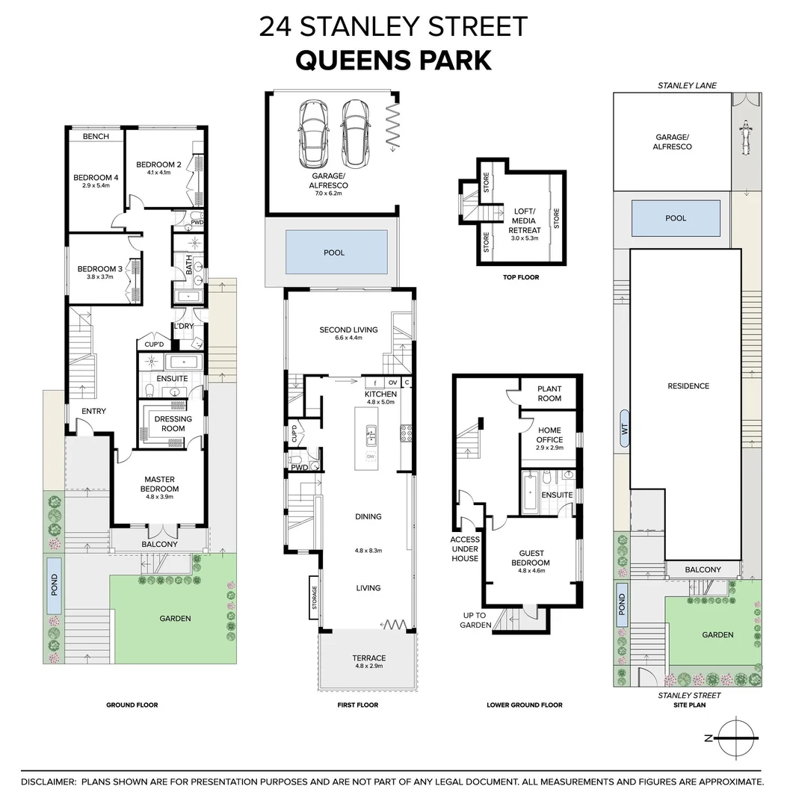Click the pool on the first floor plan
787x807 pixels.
(336, 253)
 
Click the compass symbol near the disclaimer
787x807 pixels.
(735, 738)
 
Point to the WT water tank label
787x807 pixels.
(625, 429)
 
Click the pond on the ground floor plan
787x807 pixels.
(54, 585)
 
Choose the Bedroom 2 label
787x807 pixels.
(158, 164)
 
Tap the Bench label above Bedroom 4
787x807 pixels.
(96, 137)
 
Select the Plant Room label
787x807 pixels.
(549, 394)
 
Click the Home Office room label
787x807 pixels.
(549, 435)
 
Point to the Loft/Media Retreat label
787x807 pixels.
(525, 220)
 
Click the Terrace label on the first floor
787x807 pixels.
(369, 658)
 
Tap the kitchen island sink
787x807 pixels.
(370, 436)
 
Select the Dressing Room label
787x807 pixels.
(173, 424)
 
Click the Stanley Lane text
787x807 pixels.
(687, 85)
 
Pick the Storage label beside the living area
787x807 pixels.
(315, 598)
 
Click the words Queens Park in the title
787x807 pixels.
(394, 61)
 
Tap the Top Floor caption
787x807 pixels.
(521, 277)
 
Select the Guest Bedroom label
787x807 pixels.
(531, 558)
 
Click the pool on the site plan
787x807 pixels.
(676, 218)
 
